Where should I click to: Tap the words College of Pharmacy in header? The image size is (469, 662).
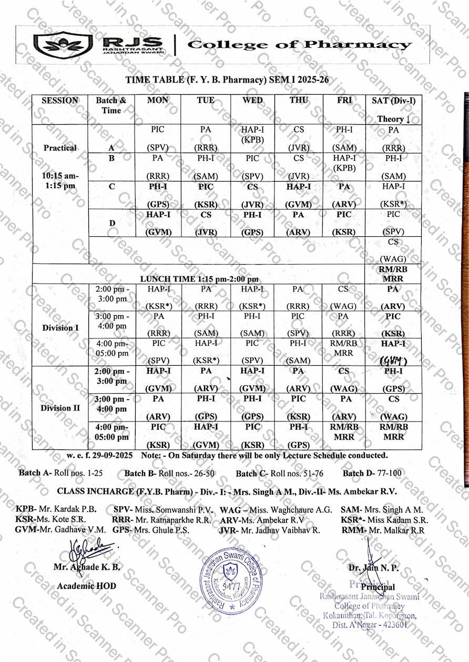299,45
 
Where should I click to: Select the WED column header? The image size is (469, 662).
252,101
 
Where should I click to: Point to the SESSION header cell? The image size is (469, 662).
60,101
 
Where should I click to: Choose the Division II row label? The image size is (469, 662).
60,408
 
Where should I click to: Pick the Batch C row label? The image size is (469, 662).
111,186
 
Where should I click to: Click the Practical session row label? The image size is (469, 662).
60,148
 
